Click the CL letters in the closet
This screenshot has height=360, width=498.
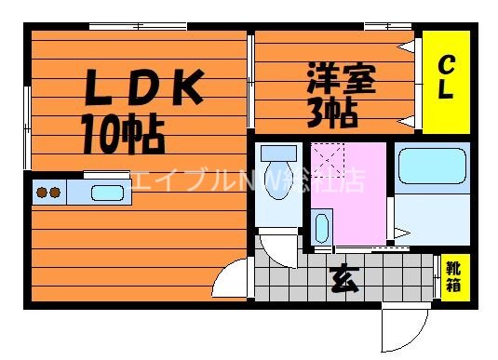coord(447,78)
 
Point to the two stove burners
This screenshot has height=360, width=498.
coord(48,193)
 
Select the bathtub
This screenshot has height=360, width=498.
coord(433,168)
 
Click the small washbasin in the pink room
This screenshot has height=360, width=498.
coord(322,226)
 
